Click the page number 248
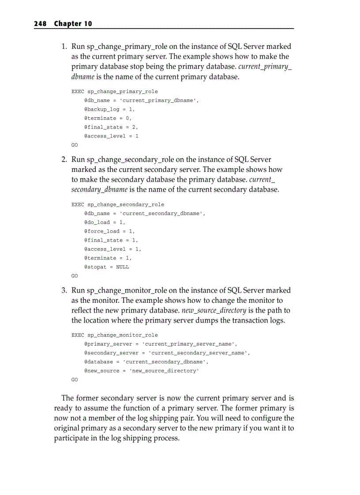[x=41, y=24]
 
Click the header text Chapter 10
[x=73, y=24]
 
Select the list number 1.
[x=64, y=46]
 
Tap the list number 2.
[x=64, y=159]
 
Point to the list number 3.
[x=64, y=290]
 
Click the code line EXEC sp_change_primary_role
[x=114, y=92]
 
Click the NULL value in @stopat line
[x=123, y=267]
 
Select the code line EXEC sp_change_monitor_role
[x=114, y=335]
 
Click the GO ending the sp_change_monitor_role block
[x=75, y=380]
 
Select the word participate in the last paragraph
[x=71, y=439]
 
